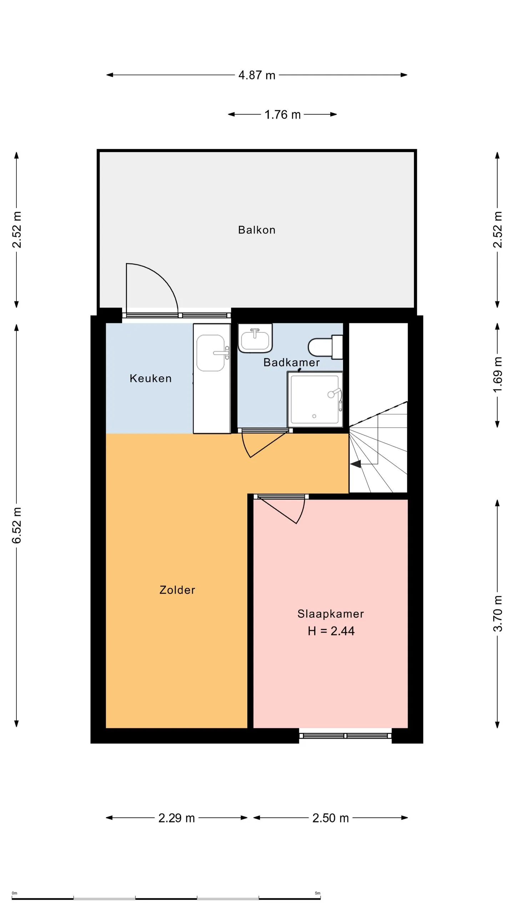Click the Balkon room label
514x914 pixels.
point(257,230)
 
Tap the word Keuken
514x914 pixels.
point(151,378)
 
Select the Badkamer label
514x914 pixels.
point(291,362)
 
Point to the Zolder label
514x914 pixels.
point(177,590)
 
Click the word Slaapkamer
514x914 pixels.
point(331,614)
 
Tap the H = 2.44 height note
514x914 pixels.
point(331,631)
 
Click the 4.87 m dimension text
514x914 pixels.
point(257,75)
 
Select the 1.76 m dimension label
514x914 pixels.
point(282,115)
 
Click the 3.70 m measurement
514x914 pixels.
point(498,614)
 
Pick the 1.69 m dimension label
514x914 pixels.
point(498,375)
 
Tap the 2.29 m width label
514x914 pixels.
point(177,818)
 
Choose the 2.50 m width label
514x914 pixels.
point(331,818)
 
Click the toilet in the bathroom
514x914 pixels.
point(325,347)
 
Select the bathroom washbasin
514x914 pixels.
point(255,338)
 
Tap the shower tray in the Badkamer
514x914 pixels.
point(315,399)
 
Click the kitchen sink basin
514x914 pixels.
point(211,353)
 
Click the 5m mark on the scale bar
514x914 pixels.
point(317,893)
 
